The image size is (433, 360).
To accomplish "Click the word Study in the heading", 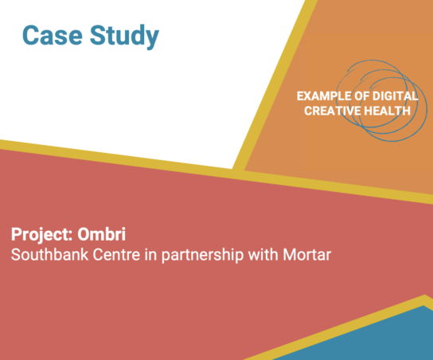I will point(126,36).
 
